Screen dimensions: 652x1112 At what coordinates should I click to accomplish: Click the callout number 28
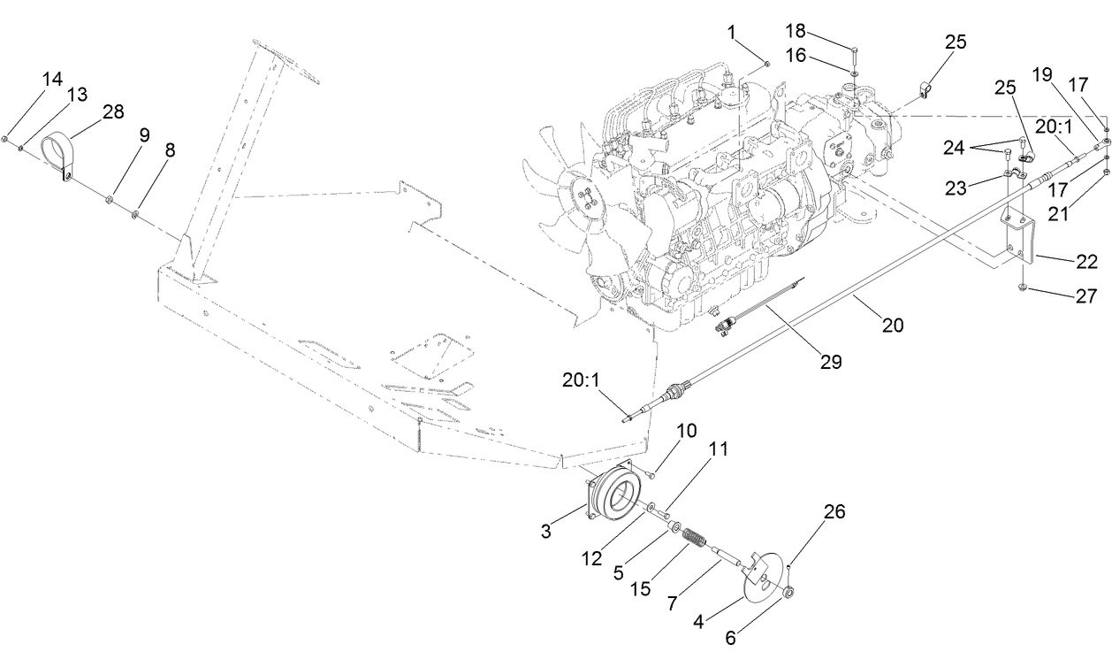[x=112, y=112]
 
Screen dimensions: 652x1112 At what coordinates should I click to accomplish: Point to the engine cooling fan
[x=566, y=203]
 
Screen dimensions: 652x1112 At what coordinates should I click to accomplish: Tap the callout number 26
[x=834, y=511]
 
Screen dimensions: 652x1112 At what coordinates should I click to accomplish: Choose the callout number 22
[x=1085, y=262]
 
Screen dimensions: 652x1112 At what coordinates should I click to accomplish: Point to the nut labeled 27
[x=1022, y=288]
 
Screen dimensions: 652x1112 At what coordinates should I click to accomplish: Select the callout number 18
[x=796, y=32]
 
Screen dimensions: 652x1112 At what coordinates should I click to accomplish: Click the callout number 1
[x=731, y=32]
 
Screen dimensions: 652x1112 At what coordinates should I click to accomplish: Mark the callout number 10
[x=687, y=431]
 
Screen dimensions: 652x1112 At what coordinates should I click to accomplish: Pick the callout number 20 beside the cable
[x=893, y=326]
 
